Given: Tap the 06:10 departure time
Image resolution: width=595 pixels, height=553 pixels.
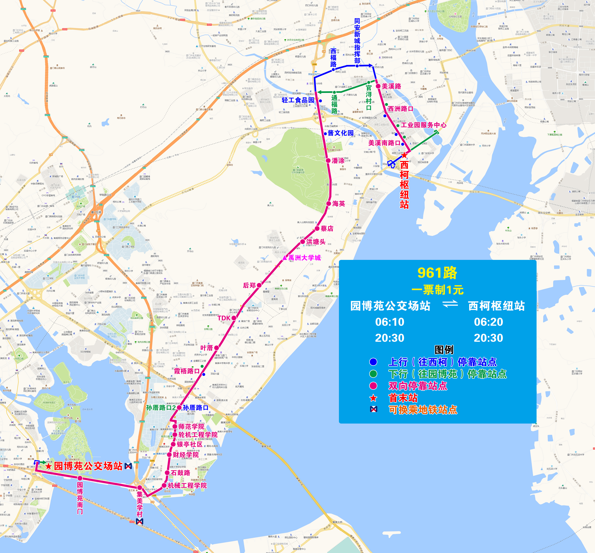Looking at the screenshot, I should pos(390,322).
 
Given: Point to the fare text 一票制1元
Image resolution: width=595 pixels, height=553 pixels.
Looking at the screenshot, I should pos(437,290).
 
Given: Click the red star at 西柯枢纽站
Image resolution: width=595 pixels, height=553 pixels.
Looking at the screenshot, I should pos(404,155).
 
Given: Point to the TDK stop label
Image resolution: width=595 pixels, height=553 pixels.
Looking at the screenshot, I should pos(224,318).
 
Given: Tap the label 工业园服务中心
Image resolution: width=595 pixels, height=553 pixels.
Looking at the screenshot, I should pos(424,125).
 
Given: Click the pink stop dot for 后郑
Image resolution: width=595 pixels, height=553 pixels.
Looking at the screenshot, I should pos(259,285).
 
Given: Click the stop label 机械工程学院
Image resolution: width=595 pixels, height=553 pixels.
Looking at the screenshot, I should pos(187,485).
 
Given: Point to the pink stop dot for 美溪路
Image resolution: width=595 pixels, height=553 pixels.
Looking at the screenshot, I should pos(378,86).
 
